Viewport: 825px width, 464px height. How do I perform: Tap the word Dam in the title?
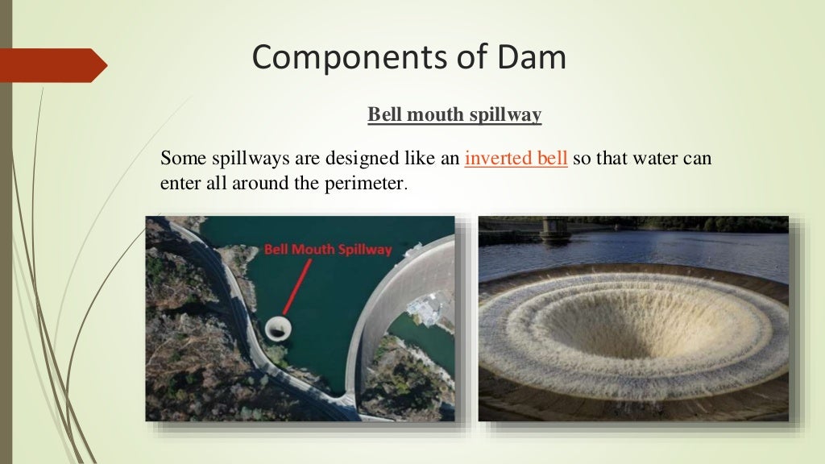pyautogui.click(x=533, y=59)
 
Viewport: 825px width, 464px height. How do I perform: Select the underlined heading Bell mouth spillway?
pyautogui.click(x=454, y=115)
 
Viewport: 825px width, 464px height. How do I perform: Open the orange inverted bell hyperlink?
pyautogui.click(x=516, y=158)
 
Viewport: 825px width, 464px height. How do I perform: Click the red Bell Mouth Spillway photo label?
pyautogui.click(x=328, y=250)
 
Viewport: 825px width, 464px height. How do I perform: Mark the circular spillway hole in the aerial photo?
pyautogui.click(x=279, y=328)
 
